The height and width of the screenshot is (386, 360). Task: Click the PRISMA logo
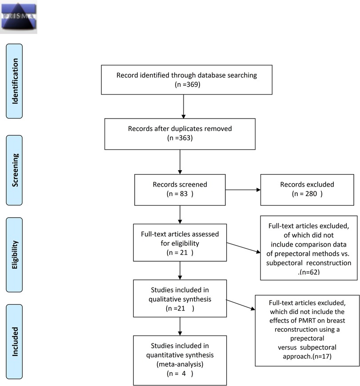[19, 17]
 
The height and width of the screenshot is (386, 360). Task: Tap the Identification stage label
[14, 81]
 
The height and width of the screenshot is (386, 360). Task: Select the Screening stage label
[14, 170]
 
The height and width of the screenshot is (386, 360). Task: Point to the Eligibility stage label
[14, 255]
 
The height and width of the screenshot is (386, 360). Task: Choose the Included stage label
[14, 342]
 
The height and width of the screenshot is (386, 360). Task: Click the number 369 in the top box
[192, 84]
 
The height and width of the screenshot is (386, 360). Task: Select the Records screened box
[180, 190]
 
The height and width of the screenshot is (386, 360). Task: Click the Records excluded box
[307, 190]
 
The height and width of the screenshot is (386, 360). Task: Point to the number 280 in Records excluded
[311, 194]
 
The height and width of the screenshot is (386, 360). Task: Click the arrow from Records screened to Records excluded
[243, 190]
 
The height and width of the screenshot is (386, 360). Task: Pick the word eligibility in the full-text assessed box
[185, 243]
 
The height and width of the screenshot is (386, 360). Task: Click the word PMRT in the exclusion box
[307, 321]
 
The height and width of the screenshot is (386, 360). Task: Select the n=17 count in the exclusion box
[322, 356]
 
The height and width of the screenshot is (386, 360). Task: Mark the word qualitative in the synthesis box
[164, 299]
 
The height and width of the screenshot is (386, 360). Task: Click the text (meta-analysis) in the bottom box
[180, 364]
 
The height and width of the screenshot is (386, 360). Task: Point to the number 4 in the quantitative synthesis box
[184, 374]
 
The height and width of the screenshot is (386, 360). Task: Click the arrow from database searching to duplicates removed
[184, 106]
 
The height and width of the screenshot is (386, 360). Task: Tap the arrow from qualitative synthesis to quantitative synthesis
[180, 326]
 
